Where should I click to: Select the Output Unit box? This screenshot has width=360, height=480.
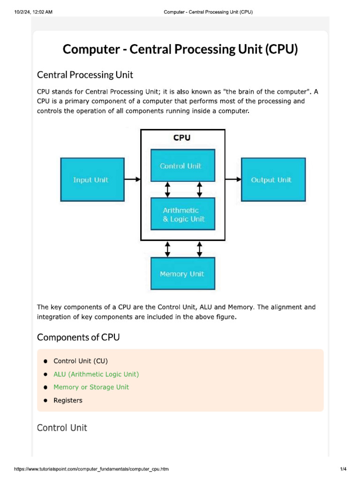tap(273, 180)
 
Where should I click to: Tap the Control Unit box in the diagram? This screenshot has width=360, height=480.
tap(182, 165)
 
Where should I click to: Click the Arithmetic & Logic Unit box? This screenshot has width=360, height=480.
tap(182, 214)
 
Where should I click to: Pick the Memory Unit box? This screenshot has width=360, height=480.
tap(182, 274)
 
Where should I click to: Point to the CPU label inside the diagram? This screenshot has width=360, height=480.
tap(182, 138)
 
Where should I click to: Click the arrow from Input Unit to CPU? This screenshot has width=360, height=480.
tap(132, 179)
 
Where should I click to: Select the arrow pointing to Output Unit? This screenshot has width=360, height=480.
tap(233, 179)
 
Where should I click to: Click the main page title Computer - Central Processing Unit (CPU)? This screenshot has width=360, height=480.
tap(180, 49)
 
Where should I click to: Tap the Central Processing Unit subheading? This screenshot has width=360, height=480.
tap(85, 75)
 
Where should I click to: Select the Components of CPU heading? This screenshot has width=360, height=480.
tap(78, 337)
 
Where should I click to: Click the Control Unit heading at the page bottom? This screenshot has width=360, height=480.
tap(62, 427)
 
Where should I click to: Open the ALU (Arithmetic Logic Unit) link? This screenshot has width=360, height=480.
tap(96, 374)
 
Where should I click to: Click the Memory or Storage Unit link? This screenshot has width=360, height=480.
tap(91, 387)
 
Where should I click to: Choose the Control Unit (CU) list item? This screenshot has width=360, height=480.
tap(81, 361)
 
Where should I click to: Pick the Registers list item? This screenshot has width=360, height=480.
tap(68, 400)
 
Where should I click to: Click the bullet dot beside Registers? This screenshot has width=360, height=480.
tap(45, 401)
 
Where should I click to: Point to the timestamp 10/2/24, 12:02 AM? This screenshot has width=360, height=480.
tap(33, 12)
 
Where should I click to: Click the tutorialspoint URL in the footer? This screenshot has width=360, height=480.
tap(91, 469)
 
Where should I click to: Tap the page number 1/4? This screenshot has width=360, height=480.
tap(343, 469)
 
